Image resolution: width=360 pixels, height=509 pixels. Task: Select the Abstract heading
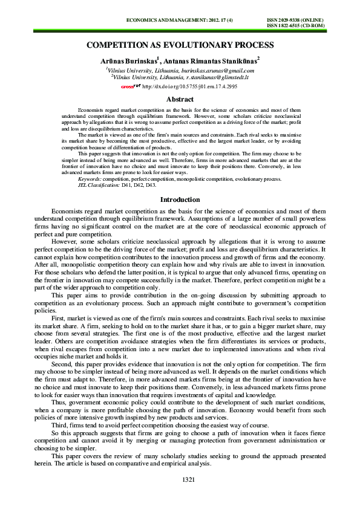[x=180, y=99]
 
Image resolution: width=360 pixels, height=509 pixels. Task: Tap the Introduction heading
[x=180, y=199]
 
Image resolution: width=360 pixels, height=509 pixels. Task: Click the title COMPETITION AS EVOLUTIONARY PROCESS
[x=180, y=45]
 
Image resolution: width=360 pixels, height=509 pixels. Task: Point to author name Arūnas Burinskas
[x=126, y=60]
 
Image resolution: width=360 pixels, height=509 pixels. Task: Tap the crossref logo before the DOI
[x=131, y=86]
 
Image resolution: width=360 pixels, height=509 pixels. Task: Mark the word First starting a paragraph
[x=59, y=317]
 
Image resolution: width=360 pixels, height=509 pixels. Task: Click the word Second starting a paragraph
[x=62, y=365]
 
